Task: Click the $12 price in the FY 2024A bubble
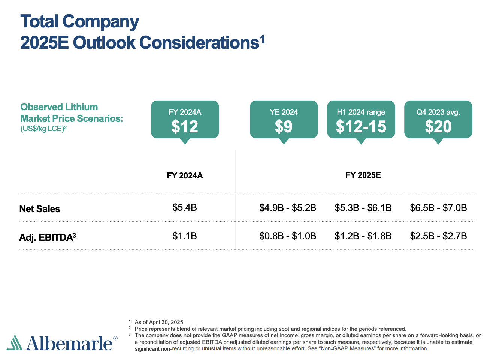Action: click(185, 126)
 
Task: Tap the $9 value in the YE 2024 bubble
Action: click(284, 126)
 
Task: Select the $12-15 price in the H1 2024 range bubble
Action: click(361, 126)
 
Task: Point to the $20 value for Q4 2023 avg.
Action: click(438, 126)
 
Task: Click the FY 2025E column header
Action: click(363, 175)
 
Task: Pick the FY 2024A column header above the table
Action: click(185, 176)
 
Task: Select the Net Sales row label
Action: click(40, 209)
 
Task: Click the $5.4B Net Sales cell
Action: click(185, 207)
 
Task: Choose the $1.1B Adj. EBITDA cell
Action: click(185, 236)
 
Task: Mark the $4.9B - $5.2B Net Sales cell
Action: click(288, 208)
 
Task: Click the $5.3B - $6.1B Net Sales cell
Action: click(363, 208)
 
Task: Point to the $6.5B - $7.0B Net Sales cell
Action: click(438, 208)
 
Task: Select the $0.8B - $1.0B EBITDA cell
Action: click(288, 236)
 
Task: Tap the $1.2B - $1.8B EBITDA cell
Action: click(363, 236)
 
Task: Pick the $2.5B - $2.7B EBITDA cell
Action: click(438, 236)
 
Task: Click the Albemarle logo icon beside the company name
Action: click(14, 342)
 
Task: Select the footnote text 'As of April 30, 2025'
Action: click(159, 322)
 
